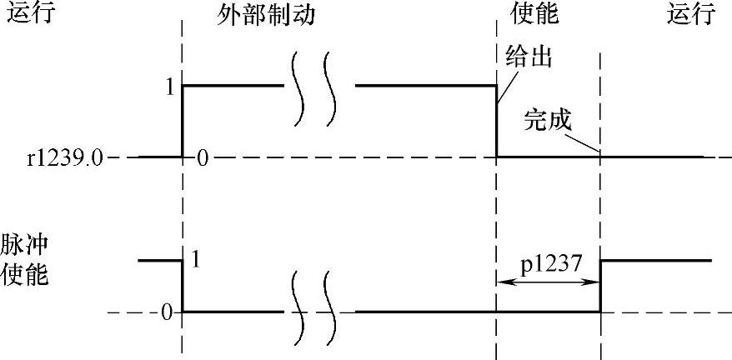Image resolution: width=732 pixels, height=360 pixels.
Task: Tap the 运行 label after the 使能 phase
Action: [x=692, y=15]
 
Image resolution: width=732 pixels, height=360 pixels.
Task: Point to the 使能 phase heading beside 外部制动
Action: [x=534, y=15]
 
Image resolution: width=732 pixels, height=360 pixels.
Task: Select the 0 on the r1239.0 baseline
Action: [x=201, y=158]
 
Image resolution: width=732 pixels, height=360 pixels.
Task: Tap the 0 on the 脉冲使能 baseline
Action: [x=166, y=312]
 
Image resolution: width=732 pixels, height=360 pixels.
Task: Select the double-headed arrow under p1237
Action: [x=548, y=282]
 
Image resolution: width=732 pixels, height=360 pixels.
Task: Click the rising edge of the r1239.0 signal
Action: [x=183, y=121]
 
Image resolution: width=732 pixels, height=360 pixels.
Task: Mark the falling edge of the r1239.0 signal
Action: [x=497, y=121]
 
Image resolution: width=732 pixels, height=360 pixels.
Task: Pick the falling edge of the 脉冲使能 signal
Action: [x=183, y=286]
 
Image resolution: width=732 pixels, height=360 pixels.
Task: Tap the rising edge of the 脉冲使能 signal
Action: [x=601, y=286]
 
